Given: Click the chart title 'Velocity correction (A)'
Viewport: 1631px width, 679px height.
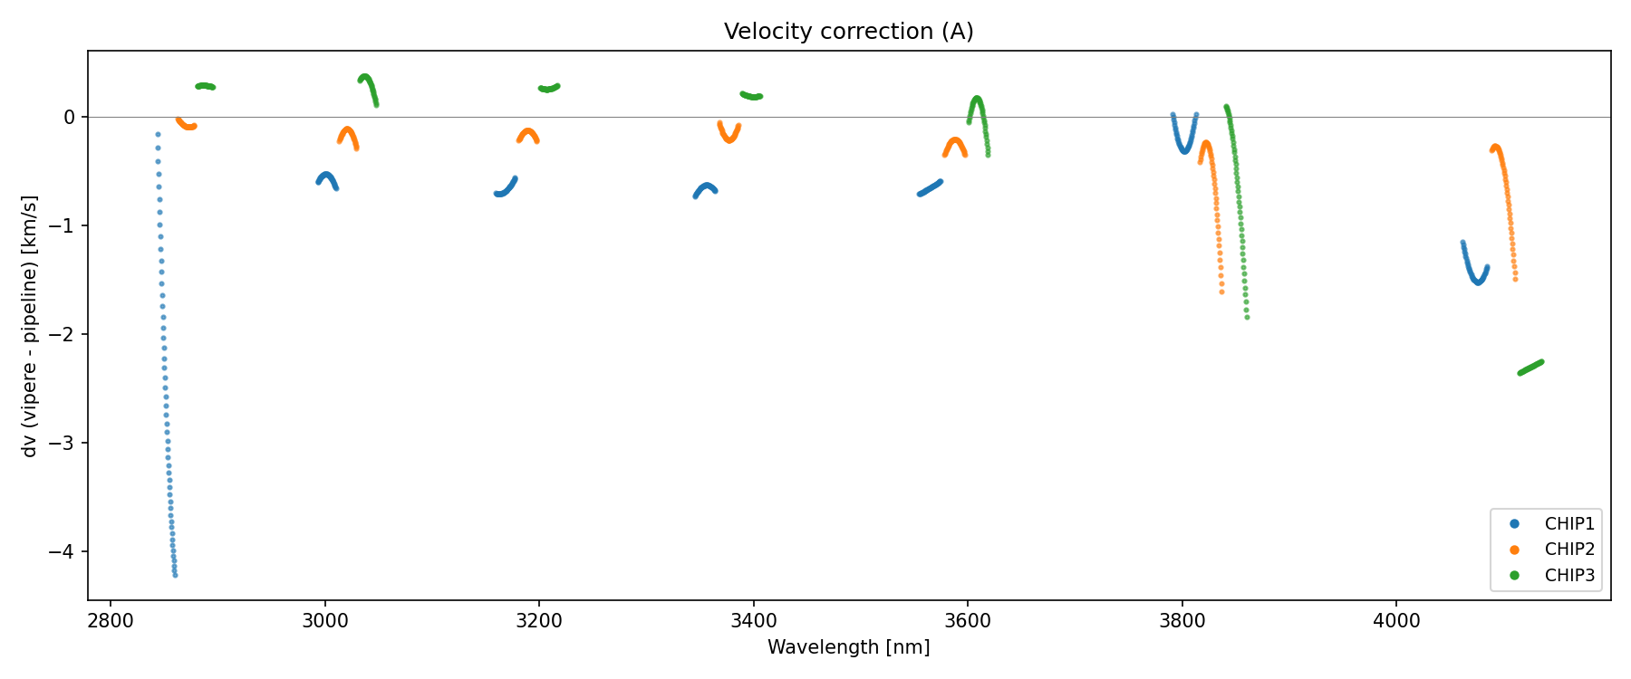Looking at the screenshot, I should pyautogui.click(x=848, y=32).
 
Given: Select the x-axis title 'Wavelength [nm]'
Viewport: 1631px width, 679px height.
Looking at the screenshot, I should pyautogui.click(x=848, y=647).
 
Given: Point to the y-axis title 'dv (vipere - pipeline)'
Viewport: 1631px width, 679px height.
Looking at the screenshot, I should pyautogui.click(x=30, y=326).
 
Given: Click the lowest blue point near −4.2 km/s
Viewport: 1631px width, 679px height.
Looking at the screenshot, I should pyautogui.click(x=175, y=575).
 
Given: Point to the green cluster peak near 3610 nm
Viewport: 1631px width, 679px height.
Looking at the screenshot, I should pyautogui.click(x=977, y=99).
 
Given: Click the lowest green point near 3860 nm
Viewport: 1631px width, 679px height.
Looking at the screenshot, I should pyautogui.click(x=1247, y=317).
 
